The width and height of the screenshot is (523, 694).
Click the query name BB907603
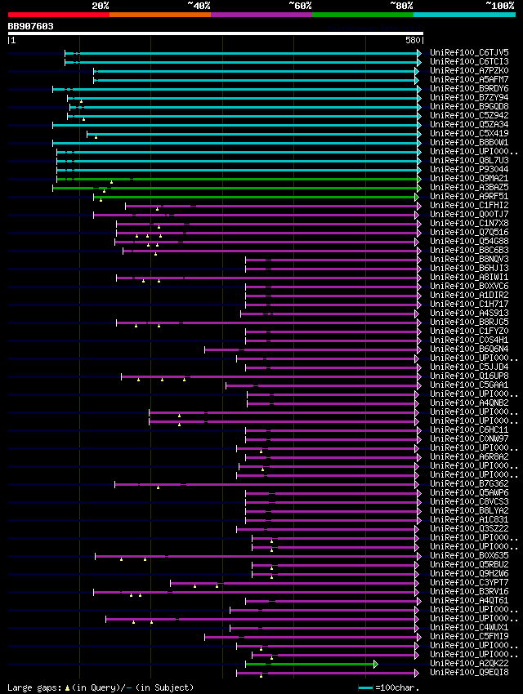pyautogui.click(x=31, y=26)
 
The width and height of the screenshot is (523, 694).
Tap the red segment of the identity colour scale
pyautogui.click(x=58, y=15)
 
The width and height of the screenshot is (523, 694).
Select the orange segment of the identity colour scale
pyautogui.click(x=159, y=15)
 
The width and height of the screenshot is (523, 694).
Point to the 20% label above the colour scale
pyautogui.click(x=101, y=5)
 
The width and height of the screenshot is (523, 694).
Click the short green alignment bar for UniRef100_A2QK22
pyautogui.click(x=323, y=664)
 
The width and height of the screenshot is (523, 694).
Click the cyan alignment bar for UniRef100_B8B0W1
pyautogui.click(x=237, y=143)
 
